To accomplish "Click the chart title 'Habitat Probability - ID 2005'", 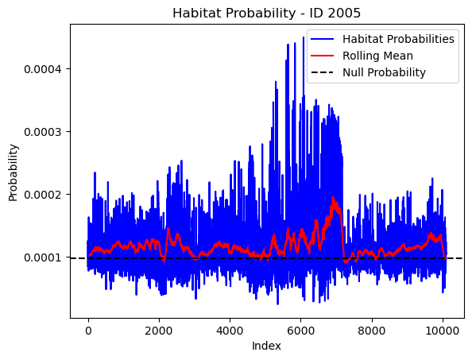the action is click(266, 14).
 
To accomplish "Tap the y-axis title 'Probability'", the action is click(13, 172).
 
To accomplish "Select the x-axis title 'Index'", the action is click(266, 346).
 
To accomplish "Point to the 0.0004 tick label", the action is click(43, 69).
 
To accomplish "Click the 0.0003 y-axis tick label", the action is click(43, 132).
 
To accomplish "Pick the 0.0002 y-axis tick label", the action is click(43, 195).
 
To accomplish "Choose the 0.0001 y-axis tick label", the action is click(43, 257).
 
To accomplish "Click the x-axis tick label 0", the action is click(88, 331).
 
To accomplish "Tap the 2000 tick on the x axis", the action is click(159, 331).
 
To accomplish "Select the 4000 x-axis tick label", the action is click(230, 331).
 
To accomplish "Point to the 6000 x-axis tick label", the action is click(300, 331).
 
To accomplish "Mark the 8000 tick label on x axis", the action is click(372, 331).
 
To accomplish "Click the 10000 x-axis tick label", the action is click(443, 331).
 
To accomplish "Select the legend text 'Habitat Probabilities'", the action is click(398, 39).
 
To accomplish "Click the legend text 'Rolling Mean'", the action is click(377, 56).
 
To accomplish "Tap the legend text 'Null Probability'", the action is click(384, 72).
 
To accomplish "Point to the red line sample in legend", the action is click(322, 56).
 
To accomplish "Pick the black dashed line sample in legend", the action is click(322, 72).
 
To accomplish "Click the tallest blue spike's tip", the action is click(304, 37).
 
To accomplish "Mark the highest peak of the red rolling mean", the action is click(333, 197).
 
